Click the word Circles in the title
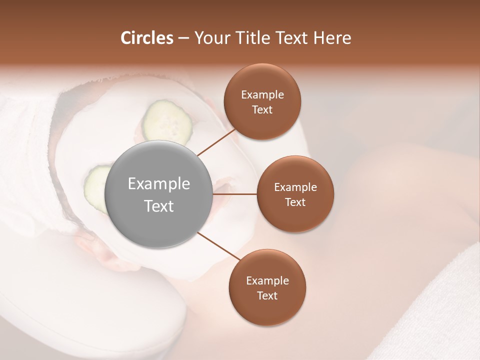point(146,38)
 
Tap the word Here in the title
point(332,38)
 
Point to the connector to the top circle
point(216,142)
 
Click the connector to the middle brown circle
point(235,194)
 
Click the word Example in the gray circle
point(159,184)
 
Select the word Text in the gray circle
point(159,206)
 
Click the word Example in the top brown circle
point(262,95)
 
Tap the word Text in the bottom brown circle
point(267,295)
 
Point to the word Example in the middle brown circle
point(295,187)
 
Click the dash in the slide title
point(183,38)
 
